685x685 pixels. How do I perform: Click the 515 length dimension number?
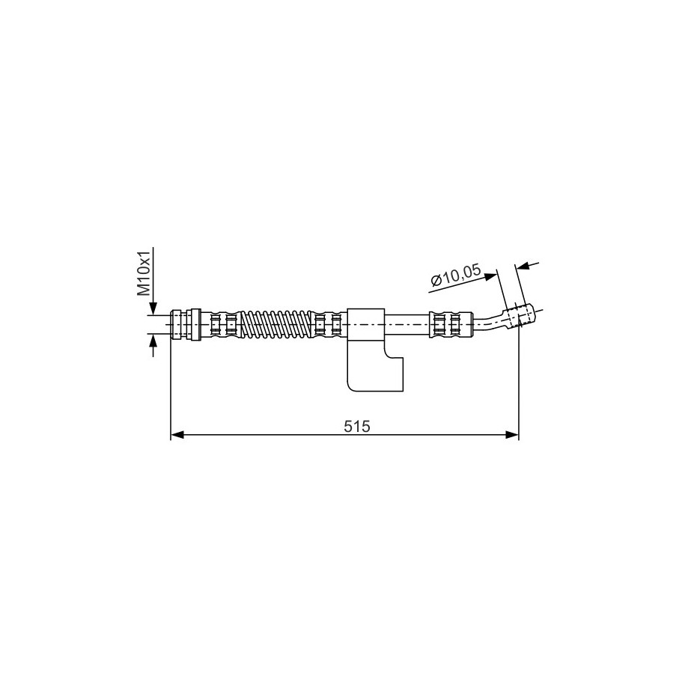click(356, 426)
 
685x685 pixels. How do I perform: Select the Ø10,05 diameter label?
click(456, 275)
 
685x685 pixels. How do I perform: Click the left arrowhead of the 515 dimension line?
click(177, 435)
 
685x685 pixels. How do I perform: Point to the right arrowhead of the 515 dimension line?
click(512, 435)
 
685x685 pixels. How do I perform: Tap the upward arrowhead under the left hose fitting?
click(153, 341)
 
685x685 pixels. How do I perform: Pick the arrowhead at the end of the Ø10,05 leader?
click(491, 277)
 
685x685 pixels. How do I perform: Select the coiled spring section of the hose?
click(276, 325)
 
